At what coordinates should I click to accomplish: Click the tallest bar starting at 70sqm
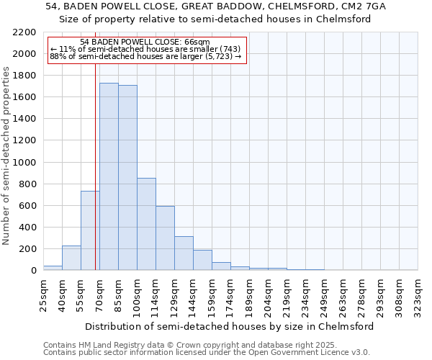click(109, 176)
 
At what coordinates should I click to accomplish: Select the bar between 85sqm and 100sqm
click(127, 178)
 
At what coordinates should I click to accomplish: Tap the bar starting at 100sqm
click(146, 224)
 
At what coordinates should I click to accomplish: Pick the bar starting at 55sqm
click(90, 230)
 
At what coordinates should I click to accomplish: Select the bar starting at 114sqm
click(165, 238)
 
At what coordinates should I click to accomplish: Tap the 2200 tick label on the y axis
click(24, 32)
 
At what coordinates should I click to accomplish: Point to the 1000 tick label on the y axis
click(24, 163)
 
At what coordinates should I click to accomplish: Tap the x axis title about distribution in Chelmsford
click(230, 326)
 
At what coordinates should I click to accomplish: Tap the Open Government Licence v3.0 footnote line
click(206, 353)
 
